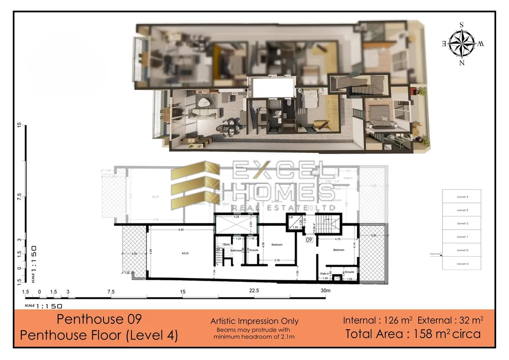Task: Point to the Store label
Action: point(226,244)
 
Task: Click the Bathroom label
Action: point(236,251)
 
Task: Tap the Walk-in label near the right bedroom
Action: point(325,273)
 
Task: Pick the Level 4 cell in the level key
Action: point(462,197)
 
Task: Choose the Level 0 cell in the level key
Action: point(462,250)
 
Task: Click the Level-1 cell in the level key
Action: point(462,263)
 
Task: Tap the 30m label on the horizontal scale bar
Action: point(326,291)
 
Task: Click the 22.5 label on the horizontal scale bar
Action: point(254,291)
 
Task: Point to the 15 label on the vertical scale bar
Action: point(19,125)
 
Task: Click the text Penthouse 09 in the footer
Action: point(99,319)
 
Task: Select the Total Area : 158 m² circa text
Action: point(413,334)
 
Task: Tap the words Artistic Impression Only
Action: point(254,321)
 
